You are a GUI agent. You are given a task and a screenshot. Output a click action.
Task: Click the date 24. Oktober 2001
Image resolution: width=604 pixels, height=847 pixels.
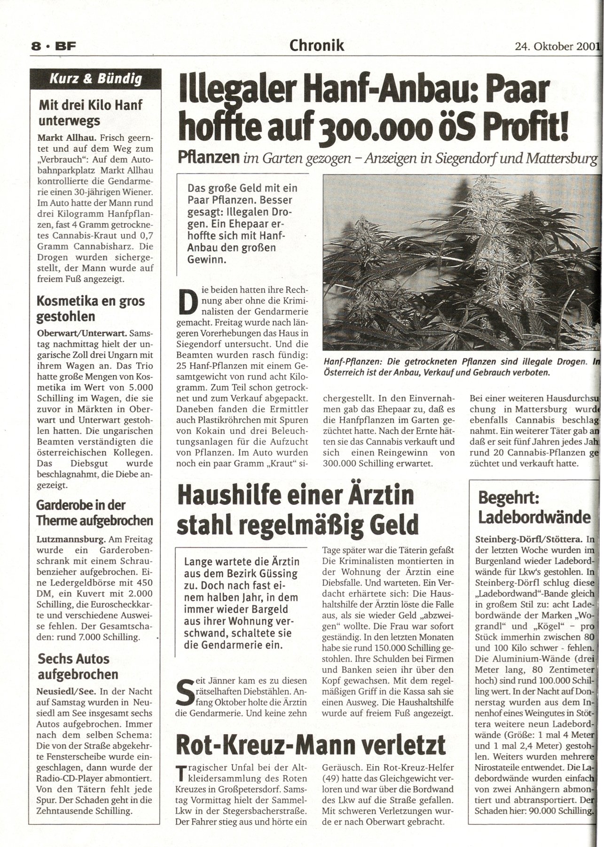tap(557, 46)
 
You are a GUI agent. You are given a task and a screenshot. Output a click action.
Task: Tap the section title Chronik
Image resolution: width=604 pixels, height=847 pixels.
tap(317, 45)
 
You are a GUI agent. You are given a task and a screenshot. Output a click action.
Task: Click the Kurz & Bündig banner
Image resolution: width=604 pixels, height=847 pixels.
tap(96, 79)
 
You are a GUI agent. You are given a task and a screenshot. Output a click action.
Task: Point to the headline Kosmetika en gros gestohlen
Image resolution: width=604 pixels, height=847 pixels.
tap(91, 308)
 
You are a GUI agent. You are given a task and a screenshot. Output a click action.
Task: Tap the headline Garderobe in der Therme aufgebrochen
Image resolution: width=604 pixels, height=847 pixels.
tap(94, 512)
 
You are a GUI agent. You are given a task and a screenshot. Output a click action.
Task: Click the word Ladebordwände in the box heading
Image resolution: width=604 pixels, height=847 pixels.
tap(534, 517)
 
